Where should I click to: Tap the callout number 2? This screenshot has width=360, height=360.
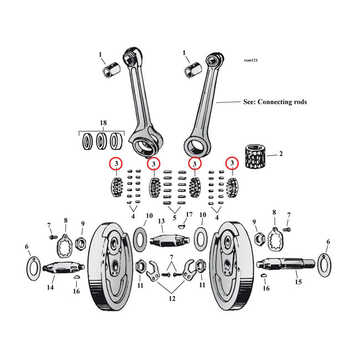point(280,153)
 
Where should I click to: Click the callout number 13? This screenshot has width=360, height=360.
point(162,222)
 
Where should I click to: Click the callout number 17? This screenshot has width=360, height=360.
point(189,215)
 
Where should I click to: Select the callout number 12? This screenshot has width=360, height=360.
point(172,299)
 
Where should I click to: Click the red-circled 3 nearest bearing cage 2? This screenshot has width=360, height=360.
point(232,163)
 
